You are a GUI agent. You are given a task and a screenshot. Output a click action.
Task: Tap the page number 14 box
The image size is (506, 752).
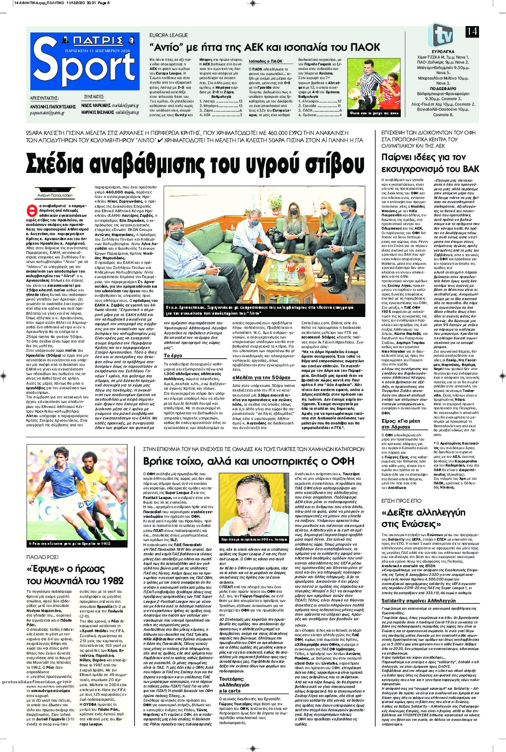(472, 32)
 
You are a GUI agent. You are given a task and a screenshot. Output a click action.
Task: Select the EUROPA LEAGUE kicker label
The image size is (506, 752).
(169, 35)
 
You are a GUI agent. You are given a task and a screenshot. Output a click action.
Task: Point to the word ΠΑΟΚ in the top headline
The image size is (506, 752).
(364, 47)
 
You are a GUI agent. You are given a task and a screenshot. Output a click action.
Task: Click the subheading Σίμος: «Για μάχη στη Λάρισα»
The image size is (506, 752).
(403, 423)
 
